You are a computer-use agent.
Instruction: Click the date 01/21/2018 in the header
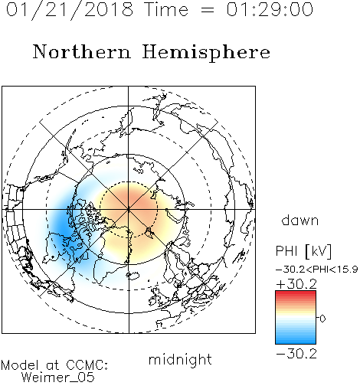tap(70, 10)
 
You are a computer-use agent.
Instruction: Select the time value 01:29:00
tap(270, 9)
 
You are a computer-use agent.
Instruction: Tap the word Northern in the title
tap(82, 51)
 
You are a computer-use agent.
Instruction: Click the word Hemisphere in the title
tap(206, 53)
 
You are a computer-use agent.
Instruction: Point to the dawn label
tap(300, 221)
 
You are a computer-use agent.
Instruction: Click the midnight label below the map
tap(180, 360)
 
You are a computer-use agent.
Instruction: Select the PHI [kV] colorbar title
tap(303, 251)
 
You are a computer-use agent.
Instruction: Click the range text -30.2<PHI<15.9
tap(316, 270)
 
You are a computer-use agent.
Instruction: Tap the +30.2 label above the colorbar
tap(296, 284)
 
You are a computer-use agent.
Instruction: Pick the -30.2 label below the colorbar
tap(296, 354)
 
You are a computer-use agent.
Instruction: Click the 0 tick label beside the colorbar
tap(322, 319)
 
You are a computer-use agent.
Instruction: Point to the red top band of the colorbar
tap(296, 293)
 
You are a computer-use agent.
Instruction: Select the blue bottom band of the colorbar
tap(296, 342)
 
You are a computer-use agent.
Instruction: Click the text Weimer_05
tap(58, 378)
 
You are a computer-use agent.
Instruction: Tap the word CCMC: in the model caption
tap(87, 365)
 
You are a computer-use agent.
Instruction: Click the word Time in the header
tap(166, 10)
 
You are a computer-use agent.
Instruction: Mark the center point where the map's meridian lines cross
tap(129, 209)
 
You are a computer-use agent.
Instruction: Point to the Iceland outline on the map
tap(133, 276)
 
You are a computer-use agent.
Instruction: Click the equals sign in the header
tap(207, 10)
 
